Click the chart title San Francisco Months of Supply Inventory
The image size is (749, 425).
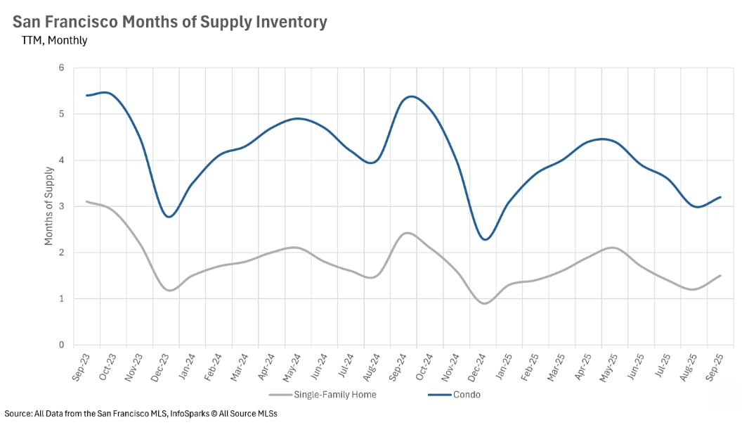pos(170,22)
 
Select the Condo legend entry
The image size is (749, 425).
pos(465,394)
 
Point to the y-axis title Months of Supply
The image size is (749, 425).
pos(48,205)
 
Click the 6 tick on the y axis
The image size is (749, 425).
pos(61,68)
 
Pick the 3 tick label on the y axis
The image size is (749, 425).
pos(61,206)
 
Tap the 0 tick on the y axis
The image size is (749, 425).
pos(61,345)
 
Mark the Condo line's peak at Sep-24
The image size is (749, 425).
pos(411,96)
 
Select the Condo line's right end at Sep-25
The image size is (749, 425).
pos(721,197)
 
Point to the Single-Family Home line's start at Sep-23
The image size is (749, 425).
pos(86,201)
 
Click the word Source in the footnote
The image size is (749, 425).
pos(18,414)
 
